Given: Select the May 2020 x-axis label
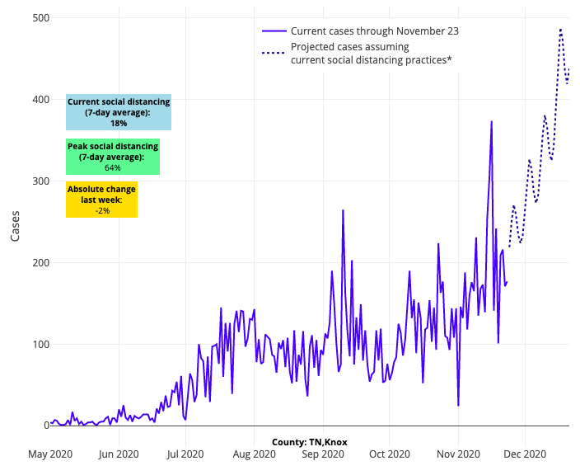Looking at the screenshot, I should [50, 454].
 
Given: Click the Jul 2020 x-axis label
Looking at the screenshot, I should [186, 454].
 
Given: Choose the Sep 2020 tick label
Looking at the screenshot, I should [322, 454].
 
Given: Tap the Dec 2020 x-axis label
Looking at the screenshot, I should [525, 454].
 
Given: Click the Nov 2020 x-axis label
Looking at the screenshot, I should [458, 454].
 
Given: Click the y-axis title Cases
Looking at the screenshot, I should [15, 222].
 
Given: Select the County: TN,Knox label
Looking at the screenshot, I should [310, 443].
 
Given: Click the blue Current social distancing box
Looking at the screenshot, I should [119, 112].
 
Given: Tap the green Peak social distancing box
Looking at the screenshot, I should [112, 157].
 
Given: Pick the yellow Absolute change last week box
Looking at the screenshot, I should [102, 200].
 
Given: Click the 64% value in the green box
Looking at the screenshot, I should [112, 168].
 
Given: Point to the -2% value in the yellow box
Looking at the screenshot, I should [102, 211].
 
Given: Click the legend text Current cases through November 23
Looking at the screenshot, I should [374, 31].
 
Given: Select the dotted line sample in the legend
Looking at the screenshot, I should [274, 53].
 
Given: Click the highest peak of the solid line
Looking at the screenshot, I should [492, 121].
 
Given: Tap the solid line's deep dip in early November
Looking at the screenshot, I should [458, 405].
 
